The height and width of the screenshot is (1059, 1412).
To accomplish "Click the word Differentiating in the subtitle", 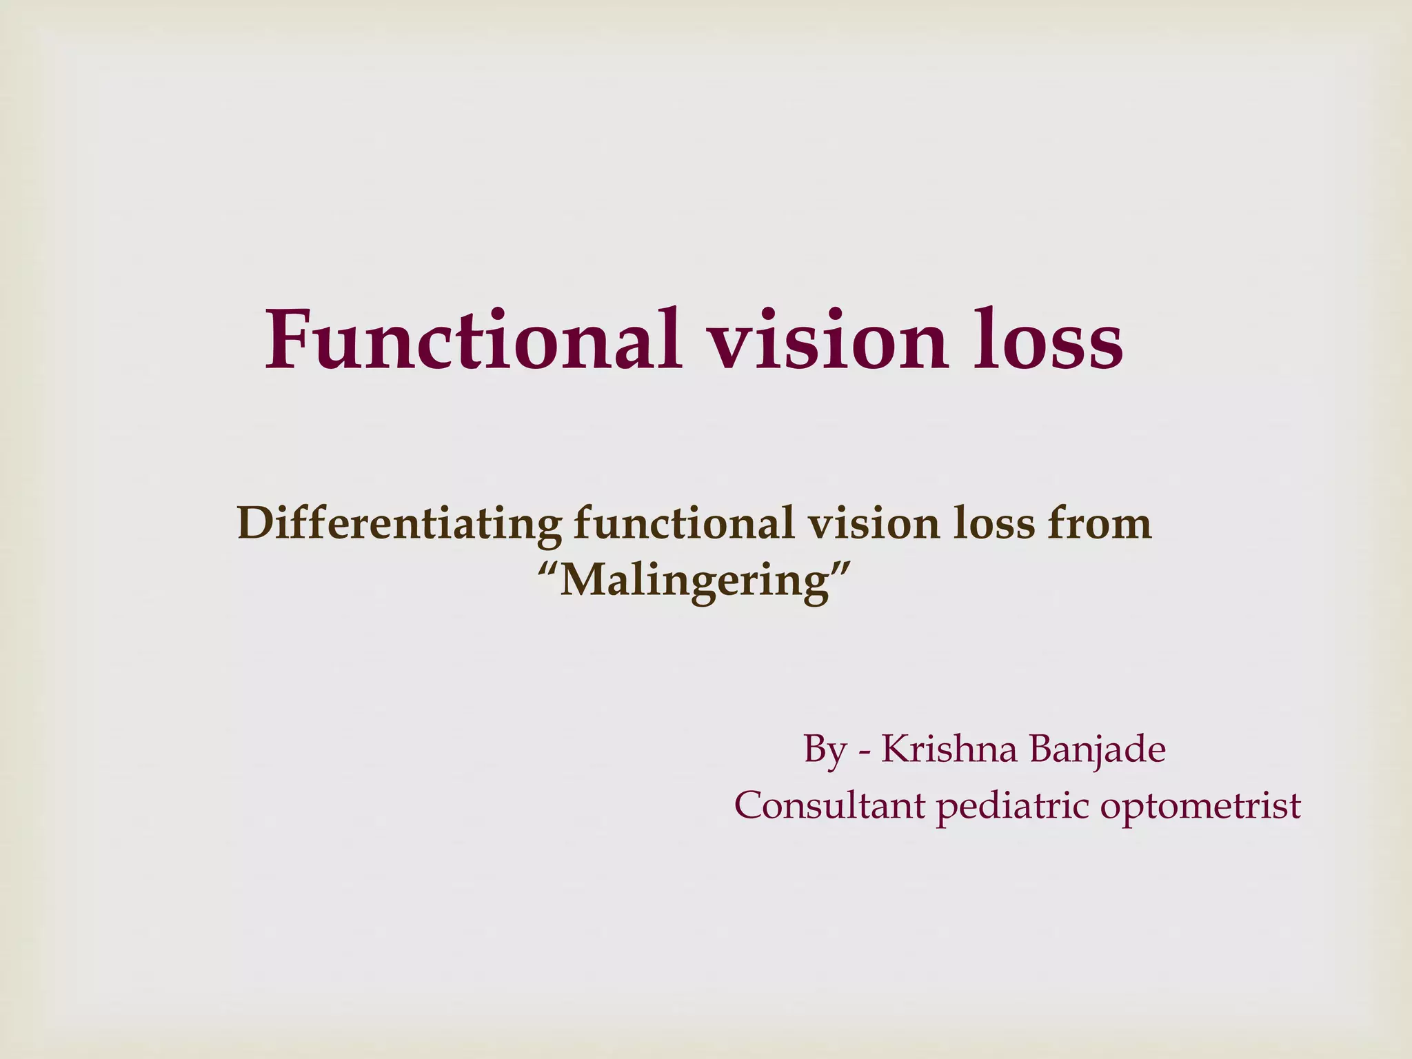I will (399, 524).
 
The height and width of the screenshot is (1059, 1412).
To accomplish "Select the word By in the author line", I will (825, 750).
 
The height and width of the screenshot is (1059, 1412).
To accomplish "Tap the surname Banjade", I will (1097, 750).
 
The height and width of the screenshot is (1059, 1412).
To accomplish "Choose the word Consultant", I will (829, 805).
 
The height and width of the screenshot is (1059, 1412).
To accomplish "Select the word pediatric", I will (1012, 806).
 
